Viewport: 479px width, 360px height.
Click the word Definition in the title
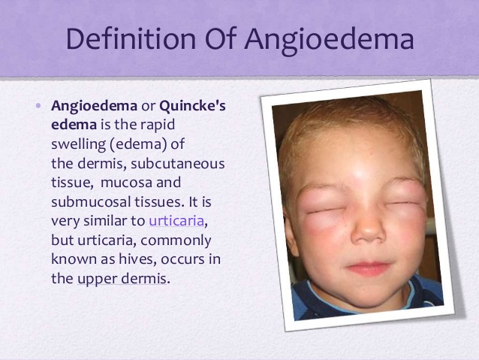click(x=131, y=38)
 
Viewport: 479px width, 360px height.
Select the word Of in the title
click(x=221, y=38)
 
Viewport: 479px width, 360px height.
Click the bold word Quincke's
click(x=192, y=106)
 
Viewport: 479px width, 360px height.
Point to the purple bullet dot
click(x=38, y=106)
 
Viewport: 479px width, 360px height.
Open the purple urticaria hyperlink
click(x=176, y=220)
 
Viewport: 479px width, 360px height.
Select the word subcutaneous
click(x=177, y=164)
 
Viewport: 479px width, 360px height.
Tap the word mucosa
click(x=126, y=183)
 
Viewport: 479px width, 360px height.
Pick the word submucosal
click(x=91, y=201)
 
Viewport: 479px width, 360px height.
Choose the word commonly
click(x=176, y=241)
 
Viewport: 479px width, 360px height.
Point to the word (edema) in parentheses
click(x=138, y=144)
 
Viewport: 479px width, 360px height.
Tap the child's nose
click(x=367, y=228)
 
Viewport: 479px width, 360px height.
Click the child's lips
click(x=369, y=268)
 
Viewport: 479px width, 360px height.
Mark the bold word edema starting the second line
click(x=74, y=125)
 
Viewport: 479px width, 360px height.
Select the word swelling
click(x=79, y=144)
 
